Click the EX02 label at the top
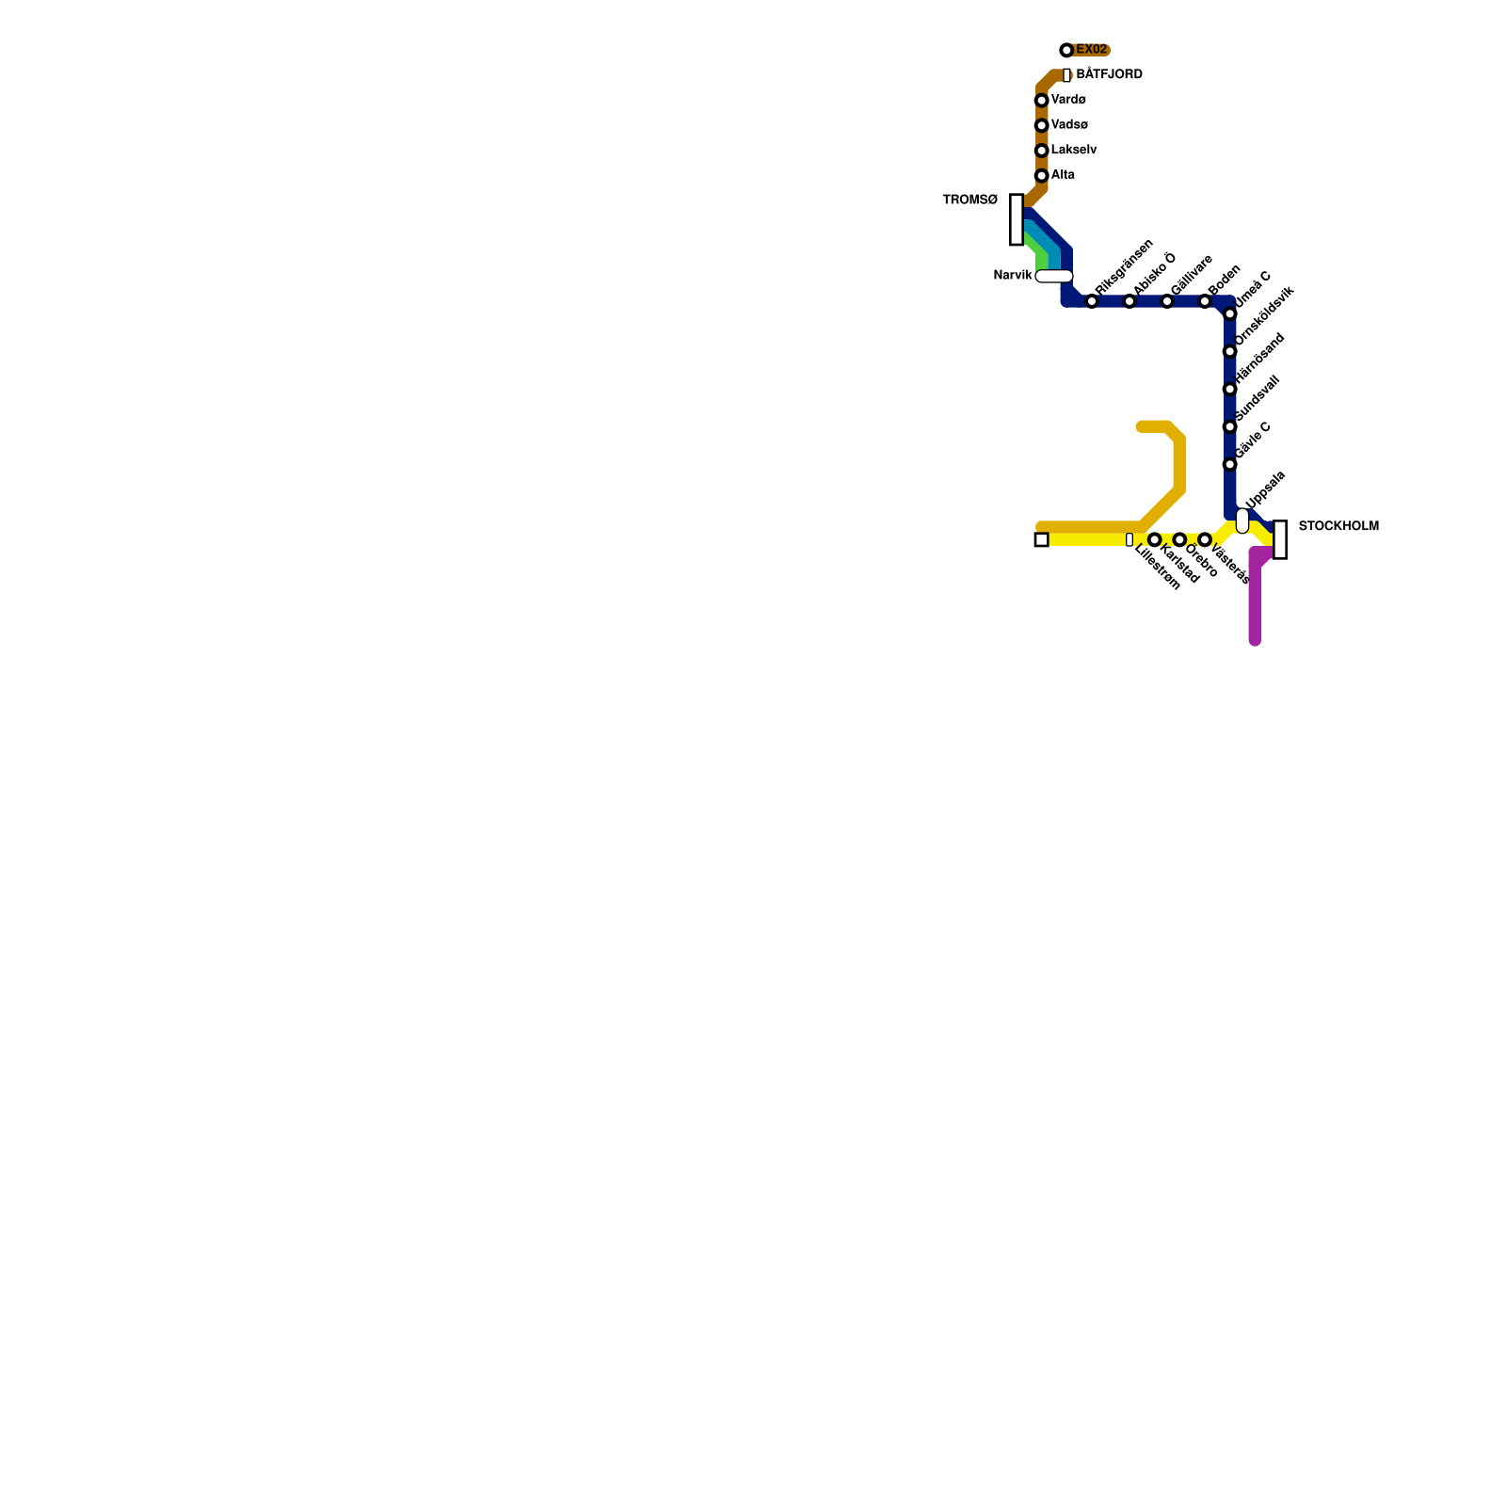pos(1091,50)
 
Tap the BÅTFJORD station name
pos(1109,74)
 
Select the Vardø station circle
pos(1041,101)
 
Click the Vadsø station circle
pos(1041,126)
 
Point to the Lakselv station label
pos(1074,151)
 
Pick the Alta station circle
pos(1041,176)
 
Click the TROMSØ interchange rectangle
pos(1017,219)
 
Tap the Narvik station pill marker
pos(1054,276)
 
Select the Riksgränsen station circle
pos(1092,301)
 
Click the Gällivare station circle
pos(1167,301)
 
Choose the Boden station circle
pos(1205,301)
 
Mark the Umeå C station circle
pos(1229,314)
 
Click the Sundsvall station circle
pos(1229,427)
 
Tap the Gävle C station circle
pos(1229,465)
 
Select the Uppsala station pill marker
pos(1242,521)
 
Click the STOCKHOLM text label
pos(1338,526)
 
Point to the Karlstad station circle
pos(1154,539)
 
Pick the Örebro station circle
pos(1179,539)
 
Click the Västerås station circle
pos(1205,539)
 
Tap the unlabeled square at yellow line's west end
pos(1041,539)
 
